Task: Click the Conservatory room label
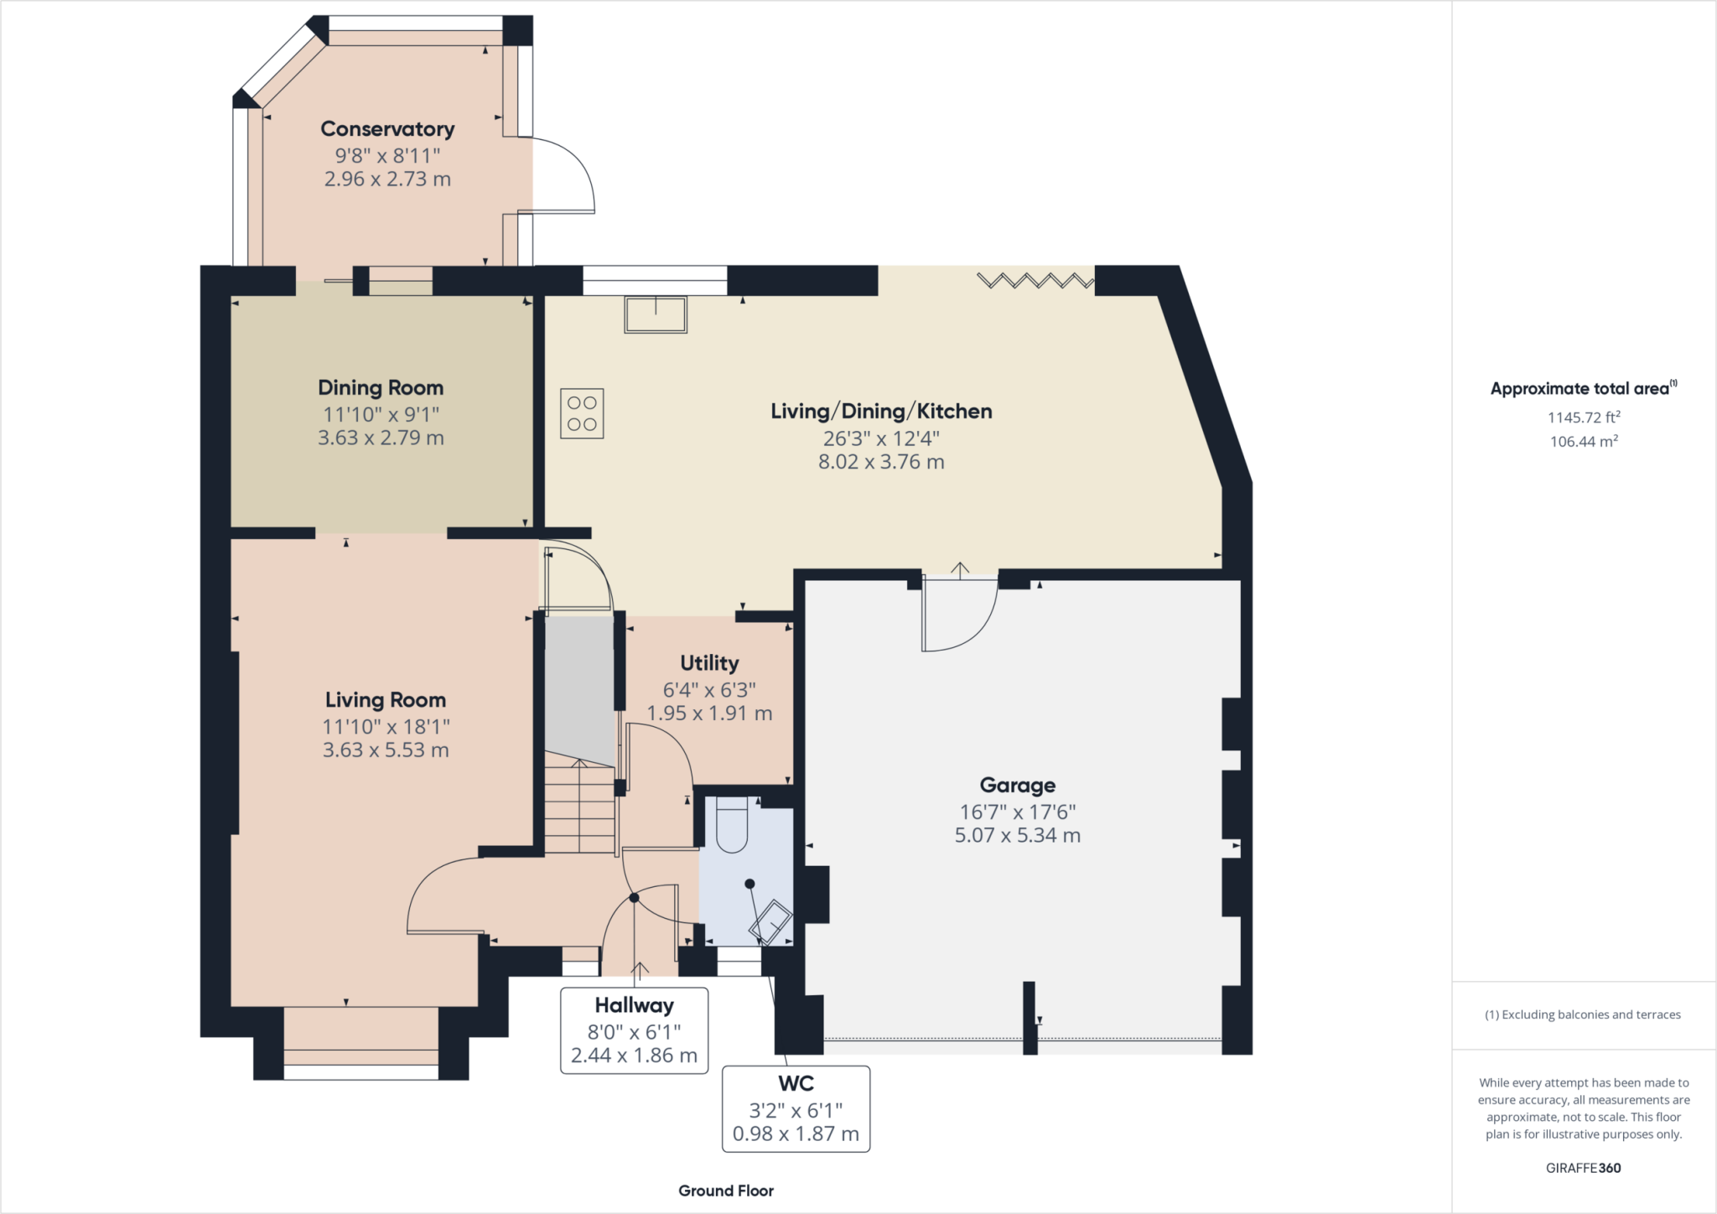tap(387, 129)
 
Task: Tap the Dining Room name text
tap(381, 388)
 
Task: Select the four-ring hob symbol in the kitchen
tap(582, 413)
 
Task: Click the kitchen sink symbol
tap(656, 314)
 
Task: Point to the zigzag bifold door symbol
tap(1035, 280)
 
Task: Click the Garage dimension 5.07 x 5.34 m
tap(1017, 835)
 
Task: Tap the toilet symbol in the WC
tap(732, 825)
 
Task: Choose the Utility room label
tap(709, 663)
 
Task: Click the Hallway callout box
tap(634, 1030)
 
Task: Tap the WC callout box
tap(796, 1108)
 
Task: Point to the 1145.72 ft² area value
tap(1584, 417)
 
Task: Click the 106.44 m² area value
tap(1584, 441)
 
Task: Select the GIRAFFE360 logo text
tap(1583, 1168)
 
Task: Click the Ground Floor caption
tap(726, 1191)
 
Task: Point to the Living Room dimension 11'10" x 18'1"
tap(386, 727)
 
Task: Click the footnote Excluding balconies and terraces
tap(1583, 1014)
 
